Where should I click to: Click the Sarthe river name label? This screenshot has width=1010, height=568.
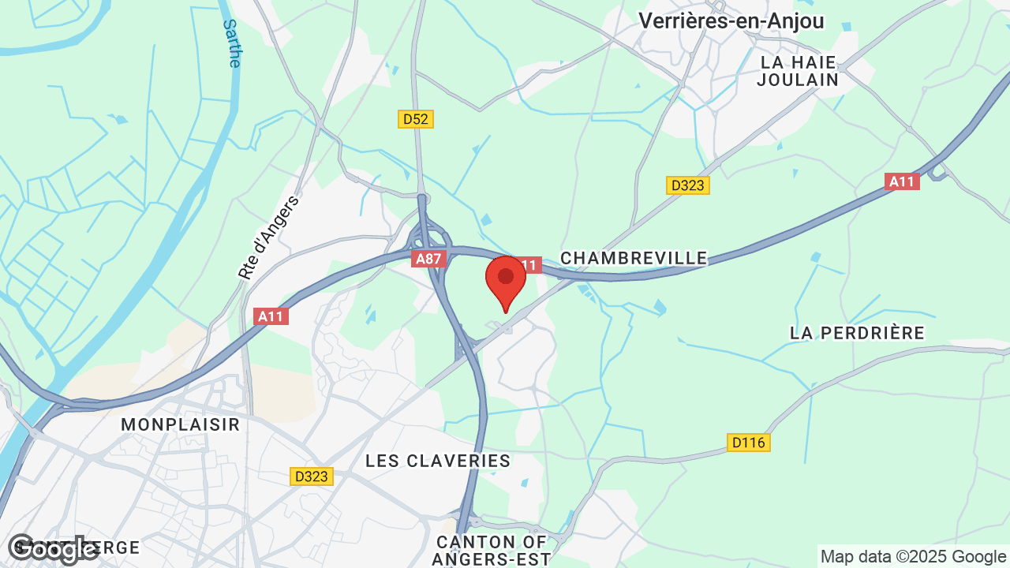[231, 43]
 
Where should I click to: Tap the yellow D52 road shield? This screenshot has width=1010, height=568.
[415, 119]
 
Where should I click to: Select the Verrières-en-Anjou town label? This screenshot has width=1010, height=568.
[731, 21]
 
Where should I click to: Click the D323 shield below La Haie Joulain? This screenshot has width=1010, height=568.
[688, 185]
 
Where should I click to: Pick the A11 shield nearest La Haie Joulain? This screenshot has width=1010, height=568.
[902, 181]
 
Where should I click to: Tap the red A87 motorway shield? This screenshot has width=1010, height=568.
[429, 259]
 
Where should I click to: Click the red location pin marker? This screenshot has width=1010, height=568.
[506, 280]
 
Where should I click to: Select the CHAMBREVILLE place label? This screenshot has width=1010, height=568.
[634, 258]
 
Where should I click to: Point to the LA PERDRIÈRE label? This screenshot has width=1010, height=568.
[857, 333]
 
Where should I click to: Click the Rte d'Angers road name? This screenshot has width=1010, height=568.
[270, 237]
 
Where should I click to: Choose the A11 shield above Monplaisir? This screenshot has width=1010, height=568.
[271, 316]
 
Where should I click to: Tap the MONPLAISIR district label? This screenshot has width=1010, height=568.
[180, 424]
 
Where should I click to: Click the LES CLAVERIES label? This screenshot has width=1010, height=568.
[438, 461]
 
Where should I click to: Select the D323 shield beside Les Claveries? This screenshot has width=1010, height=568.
[312, 476]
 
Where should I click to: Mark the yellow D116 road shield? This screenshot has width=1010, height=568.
[748, 443]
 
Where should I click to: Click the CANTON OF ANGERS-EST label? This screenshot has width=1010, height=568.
[491, 551]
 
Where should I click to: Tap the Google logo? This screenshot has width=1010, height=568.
[54, 549]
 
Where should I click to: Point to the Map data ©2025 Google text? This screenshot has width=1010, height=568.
[912, 556]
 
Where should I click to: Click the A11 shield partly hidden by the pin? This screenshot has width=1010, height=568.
[530, 265]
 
